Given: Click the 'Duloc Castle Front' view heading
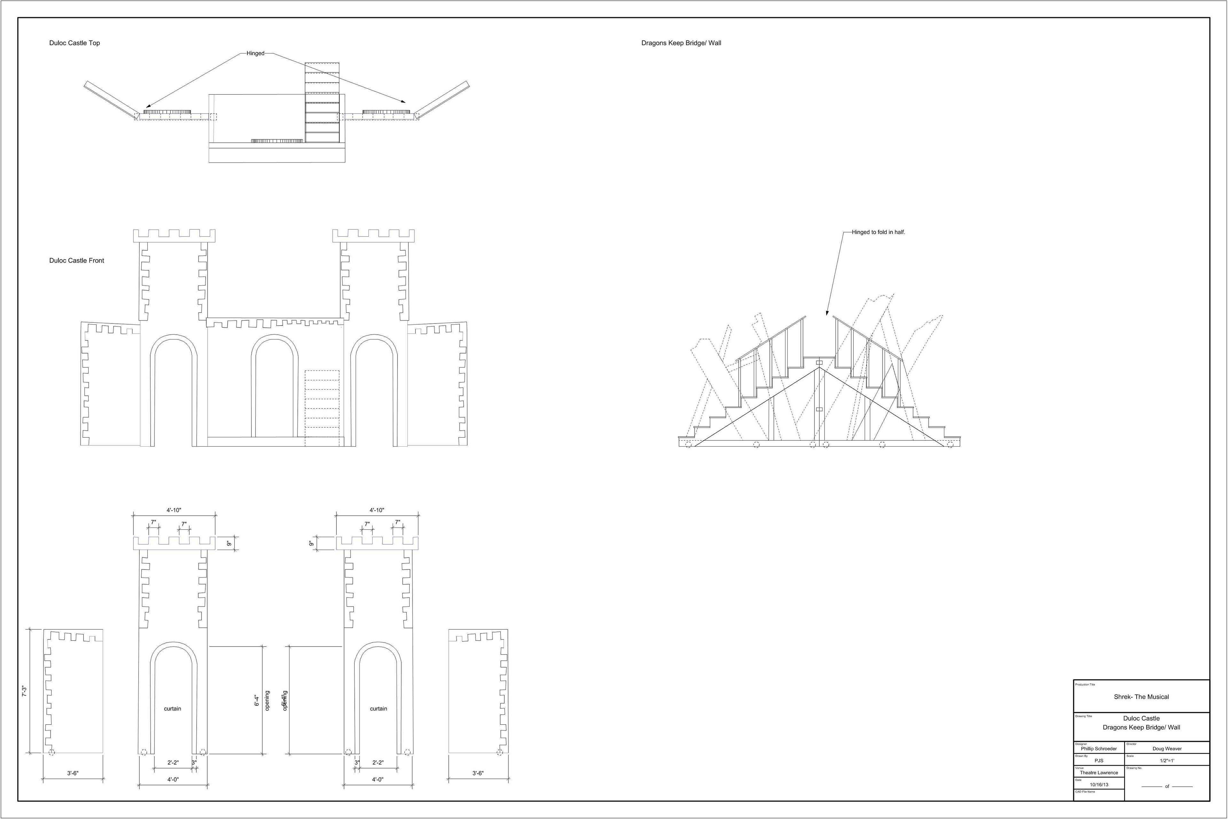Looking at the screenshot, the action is point(77,261).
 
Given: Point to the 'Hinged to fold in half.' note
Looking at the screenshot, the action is point(878,233).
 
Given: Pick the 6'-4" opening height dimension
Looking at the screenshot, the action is point(256,700).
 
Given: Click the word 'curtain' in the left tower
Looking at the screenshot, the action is point(173,709).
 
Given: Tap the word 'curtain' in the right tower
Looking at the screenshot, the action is point(379,709).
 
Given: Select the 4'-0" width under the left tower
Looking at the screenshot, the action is point(173,779).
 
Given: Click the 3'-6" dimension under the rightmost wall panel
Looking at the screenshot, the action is point(478,773).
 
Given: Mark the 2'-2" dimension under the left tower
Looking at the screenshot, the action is point(173,763).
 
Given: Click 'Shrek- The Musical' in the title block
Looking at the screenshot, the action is point(1141,697).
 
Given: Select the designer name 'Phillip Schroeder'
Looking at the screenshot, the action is point(1098,749).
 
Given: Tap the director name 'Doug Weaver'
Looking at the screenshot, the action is point(1167,749).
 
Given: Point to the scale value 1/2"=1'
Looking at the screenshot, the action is point(1167,761).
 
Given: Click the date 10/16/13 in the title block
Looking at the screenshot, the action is point(1099,784).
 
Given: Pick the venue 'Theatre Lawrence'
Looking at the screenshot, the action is point(1099,773).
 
